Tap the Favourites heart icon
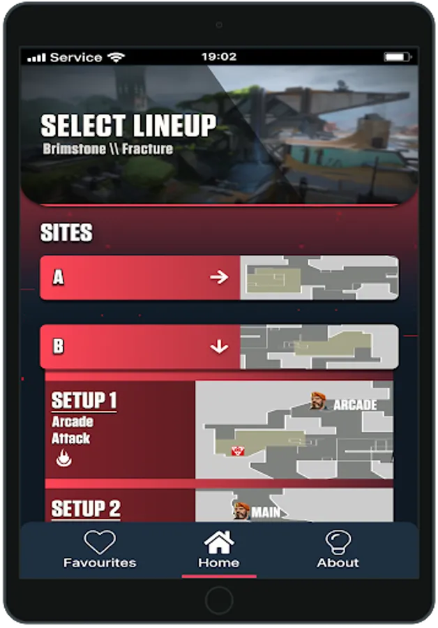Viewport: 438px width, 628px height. [x=100, y=542]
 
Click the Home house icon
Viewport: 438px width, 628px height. [x=218, y=542]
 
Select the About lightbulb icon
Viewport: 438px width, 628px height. [x=338, y=542]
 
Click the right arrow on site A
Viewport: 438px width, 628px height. [x=219, y=278]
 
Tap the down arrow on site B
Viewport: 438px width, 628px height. [x=219, y=346]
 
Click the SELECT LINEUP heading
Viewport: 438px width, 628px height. [x=128, y=126]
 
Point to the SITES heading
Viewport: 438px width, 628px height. [x=66, y=233]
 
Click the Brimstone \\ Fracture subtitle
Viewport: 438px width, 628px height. [x=107, y=149]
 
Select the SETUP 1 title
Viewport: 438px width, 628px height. [x=84, y=401]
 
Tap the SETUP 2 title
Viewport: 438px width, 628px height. [x=86, y=509]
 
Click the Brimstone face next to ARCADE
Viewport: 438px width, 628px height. [x=319, y=401]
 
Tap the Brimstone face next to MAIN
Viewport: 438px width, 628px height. [x=241, y=511]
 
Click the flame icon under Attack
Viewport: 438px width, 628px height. [x=63, y=458]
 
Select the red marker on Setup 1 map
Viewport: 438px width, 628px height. [x=237, y=451]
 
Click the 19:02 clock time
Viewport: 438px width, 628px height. [x=219, y=57]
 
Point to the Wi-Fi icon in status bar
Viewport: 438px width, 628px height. [x=116, y=57]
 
